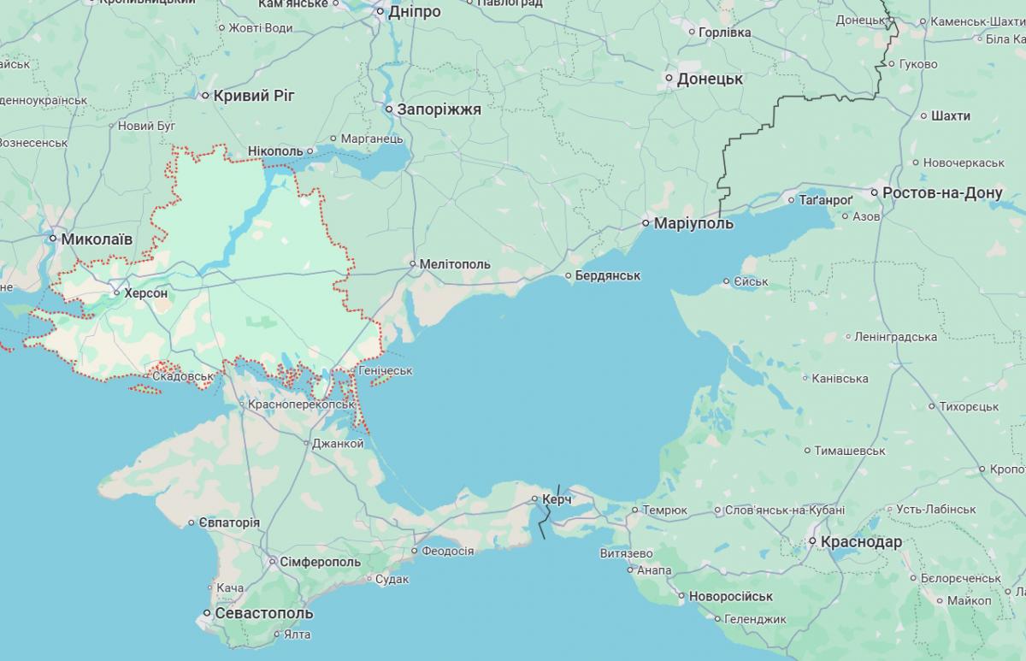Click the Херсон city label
(145, 293)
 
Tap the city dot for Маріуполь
(647, 223)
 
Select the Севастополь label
(263, 614)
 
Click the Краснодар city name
(861, 542)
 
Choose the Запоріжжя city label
(439, 109)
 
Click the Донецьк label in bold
(710, 79)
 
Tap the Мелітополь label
(455, 264)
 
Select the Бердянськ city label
(608, 276)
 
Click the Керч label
(557, 499)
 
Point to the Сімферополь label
(320, 562)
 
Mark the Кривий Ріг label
(254, 96)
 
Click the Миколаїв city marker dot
(53, 239)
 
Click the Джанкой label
(338, 443)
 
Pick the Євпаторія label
(229, 522)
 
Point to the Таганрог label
(826, 199)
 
